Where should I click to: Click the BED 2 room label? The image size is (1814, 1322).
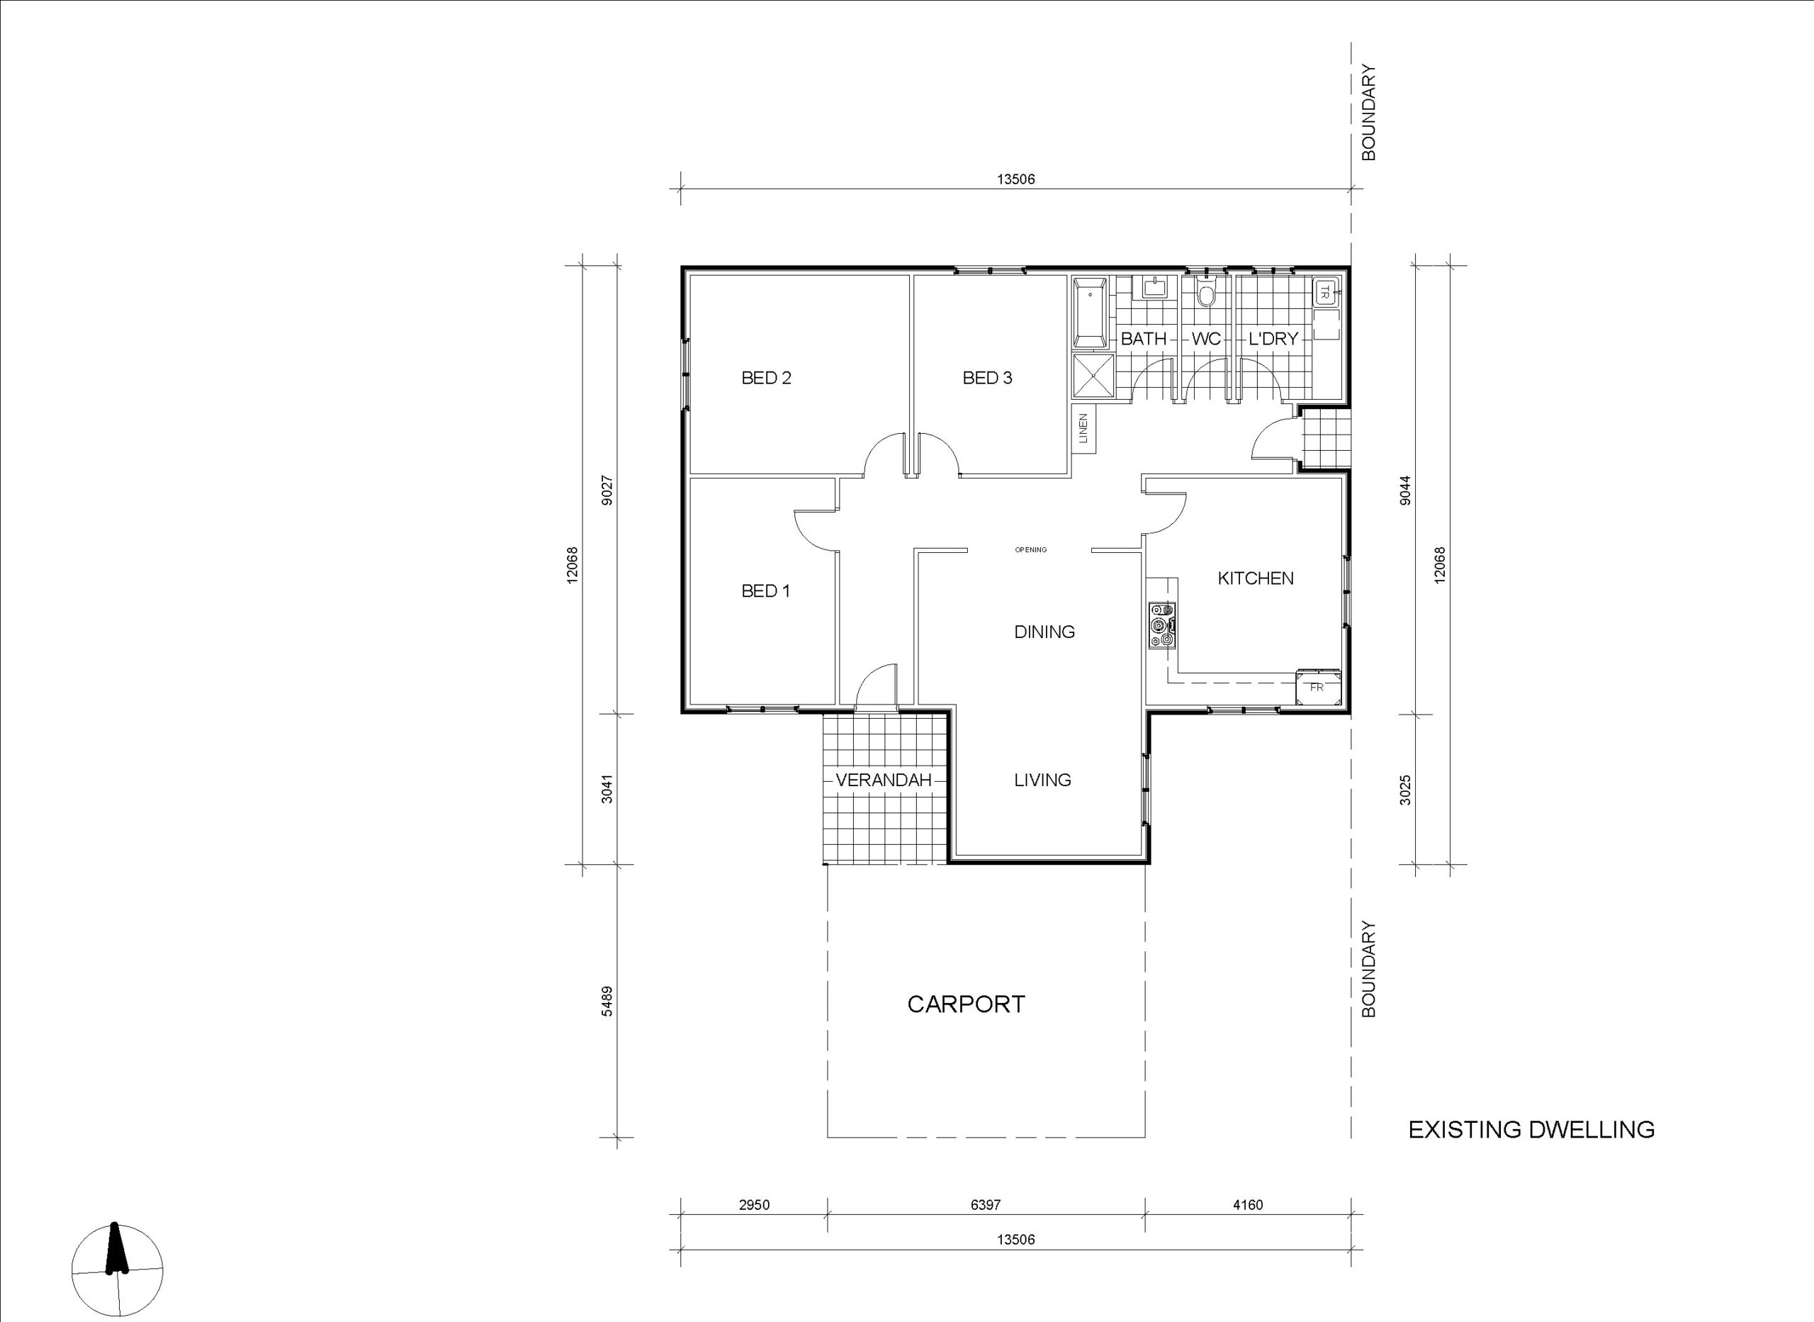coord(766,378)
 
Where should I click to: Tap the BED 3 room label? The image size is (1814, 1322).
coord(987,378)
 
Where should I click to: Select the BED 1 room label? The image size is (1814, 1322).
coord(765,591)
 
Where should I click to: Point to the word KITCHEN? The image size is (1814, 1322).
coord(1255,578)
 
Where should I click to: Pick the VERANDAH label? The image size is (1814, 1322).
coord(884,780)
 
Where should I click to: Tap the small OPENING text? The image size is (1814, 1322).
coord(1031,550)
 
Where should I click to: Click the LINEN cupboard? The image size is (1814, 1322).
coord(1083,428)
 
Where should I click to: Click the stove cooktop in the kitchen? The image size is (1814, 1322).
coord(1162,626)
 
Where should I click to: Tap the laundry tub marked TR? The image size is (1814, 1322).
coord(1324,292)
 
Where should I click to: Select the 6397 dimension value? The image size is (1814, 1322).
coord(986,1205)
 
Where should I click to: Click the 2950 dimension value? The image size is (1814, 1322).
coord(754,1205)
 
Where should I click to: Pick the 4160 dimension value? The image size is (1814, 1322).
coord(1248,1205)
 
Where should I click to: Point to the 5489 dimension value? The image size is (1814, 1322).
coord(608,1001)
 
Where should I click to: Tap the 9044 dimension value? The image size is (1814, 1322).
coord(1406,490)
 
